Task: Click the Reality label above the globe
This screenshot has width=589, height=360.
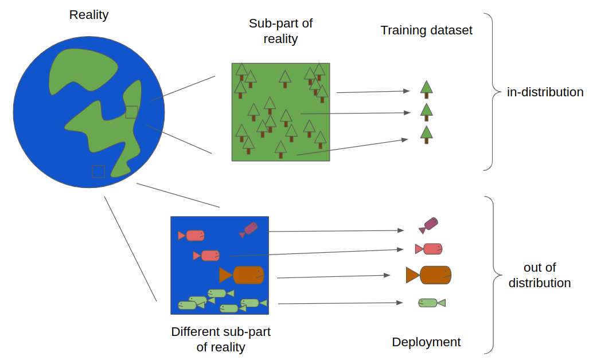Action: pyautogui.click(x=89, y=15)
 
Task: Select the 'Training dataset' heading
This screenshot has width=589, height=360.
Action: pyautogui.click(x=426, y=30)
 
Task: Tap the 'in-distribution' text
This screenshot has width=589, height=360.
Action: pyautogui.click(x=545, y=92)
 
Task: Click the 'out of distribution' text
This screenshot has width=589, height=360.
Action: pyautogui.click(x=540, y=275)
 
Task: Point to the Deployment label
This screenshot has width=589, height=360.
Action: pyautogui.click(x=426, y=342)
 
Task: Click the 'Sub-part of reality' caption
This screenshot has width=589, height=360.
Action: pyautogui.click(x=280, y=31)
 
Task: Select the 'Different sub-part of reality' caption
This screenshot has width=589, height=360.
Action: pyautogui.click(x=221, y=339)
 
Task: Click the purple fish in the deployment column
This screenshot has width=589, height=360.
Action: pyautogui.click(x=429, y=225)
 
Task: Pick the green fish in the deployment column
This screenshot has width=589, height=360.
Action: pyautogui.click(x=431, y=303)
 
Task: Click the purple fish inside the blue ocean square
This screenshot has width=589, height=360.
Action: pyautogui.click(x=249, y=229)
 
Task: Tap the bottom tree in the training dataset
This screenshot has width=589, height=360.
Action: pyautogui.click(x=426, y=134)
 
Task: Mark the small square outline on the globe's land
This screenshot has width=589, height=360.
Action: pyautogui.click(x=131, y=112)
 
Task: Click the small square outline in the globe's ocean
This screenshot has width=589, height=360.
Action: pyautogui.click(x=99, y=171)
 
